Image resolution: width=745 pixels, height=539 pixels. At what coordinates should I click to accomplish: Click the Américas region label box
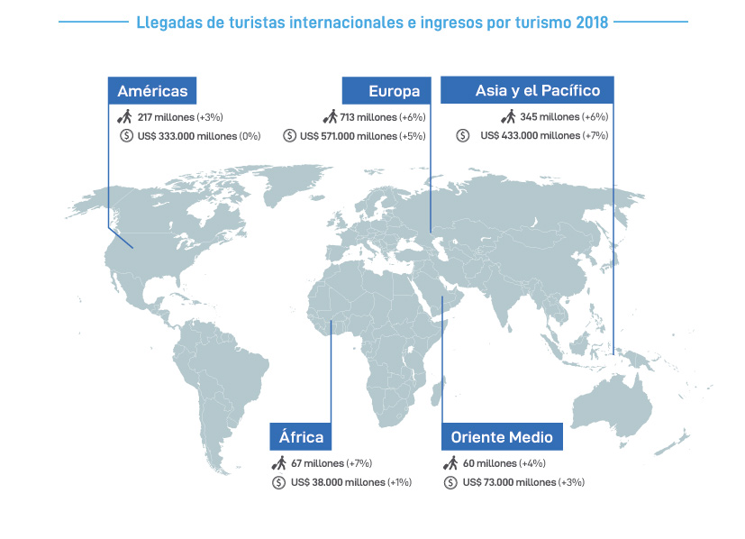(152, 91)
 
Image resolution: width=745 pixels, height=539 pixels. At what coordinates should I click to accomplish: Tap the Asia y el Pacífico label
(527, 91)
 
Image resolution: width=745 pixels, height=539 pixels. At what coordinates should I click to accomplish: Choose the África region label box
(301, 437)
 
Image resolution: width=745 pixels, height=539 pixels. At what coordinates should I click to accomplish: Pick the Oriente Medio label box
(502, 437)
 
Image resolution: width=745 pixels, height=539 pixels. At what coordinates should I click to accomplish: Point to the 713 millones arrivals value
(372, 117)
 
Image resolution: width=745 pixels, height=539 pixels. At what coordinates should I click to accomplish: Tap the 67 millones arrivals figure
(317, 463)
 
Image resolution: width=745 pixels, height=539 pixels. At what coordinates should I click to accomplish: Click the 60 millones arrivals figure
(490, 463)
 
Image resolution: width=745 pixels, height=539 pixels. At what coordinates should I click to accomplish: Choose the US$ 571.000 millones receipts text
(350, 135)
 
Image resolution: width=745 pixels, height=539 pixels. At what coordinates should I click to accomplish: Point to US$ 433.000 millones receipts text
(531, 135)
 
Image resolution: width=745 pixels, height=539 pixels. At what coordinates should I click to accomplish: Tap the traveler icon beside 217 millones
(124, 116)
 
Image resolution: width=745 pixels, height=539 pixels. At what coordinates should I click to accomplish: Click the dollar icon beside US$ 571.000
(289, 135)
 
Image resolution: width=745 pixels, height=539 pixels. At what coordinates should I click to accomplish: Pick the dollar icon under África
(279, 482)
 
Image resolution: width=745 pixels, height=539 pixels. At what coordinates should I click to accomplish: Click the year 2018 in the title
(591, 22)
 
